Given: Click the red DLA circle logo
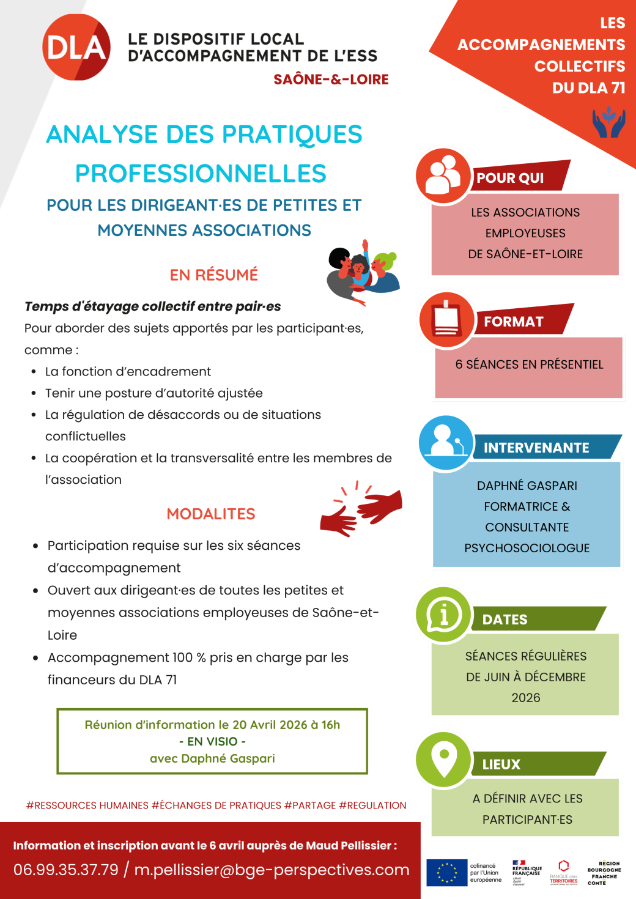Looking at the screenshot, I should click(x=76, y=47).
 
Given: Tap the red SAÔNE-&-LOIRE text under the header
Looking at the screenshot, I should click(x=331, y=80).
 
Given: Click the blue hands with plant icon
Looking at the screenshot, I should click(x=608, y=122).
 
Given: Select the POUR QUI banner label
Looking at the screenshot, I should click(x=510, y=178).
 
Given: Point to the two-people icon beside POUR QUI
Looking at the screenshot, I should click(x=443, y=176).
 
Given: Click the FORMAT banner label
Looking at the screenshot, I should click(x=513, y=322).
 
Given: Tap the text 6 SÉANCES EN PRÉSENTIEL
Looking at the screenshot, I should click(x=529, y=364).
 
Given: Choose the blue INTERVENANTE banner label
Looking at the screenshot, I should click(x=536, y=448).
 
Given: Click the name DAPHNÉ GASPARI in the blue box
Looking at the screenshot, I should click(x=527, y=486).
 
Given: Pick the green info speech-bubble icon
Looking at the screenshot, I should click(x=443, y=614).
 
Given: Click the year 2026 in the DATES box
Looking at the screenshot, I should click(x=526, y=698).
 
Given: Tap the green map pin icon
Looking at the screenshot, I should click(x=444, y=760).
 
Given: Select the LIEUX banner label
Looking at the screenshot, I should click(x=501, y=764).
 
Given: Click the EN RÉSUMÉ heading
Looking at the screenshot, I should click(x=214, y=275).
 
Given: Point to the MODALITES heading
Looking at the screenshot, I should click(x=211, y=514).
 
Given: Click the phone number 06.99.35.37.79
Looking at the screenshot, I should click(x=66, y=870).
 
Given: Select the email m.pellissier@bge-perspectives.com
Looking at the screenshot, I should click(x=272, y=870).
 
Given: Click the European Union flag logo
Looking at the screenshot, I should click(x=447, y=873).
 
